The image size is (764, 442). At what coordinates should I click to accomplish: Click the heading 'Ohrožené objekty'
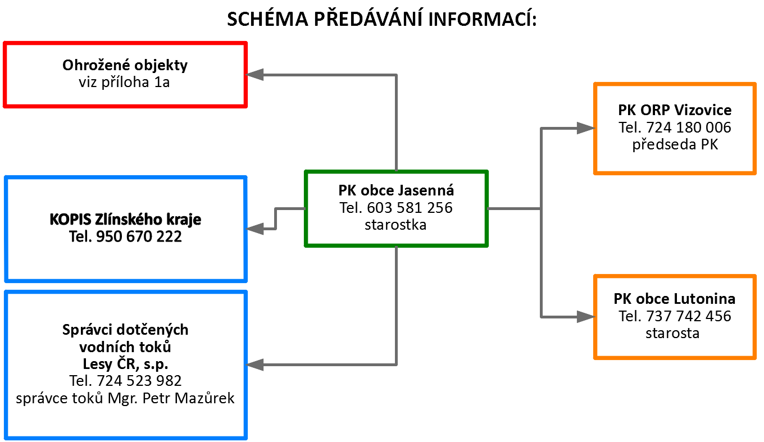[x=125, y=65]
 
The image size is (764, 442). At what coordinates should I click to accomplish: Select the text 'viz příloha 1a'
[x=124, y=82]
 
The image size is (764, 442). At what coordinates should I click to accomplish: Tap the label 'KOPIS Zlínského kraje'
[x=125, y=219]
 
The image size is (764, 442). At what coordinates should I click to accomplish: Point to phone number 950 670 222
[x=139, y=236]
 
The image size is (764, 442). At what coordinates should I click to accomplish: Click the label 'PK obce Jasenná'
[x=396, y=190]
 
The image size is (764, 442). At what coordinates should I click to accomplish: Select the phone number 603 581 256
[x=410, y=208]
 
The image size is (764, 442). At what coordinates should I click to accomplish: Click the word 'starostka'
[x=395, y=225]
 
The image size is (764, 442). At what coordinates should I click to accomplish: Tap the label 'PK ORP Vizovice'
[x=675, y=110]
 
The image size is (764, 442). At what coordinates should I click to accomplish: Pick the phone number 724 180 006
[x=689, y=127]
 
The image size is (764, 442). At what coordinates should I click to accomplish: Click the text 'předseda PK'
[x=675, y=144]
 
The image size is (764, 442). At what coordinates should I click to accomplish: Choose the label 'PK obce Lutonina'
[x=674, y=299]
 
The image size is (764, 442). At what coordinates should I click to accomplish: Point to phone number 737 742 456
[x=689, y=316]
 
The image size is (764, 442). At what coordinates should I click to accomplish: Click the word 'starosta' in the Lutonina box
[x=672, y=333]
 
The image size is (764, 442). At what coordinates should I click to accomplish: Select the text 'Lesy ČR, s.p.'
[x=125, y=364]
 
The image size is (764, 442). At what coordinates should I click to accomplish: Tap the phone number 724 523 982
[x=139, y=381]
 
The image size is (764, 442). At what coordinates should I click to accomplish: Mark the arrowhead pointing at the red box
[x=254, y=74]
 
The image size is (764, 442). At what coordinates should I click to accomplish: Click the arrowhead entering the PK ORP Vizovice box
[x=585, y=128]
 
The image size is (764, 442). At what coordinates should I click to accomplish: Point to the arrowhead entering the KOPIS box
[x=254, y=229]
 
